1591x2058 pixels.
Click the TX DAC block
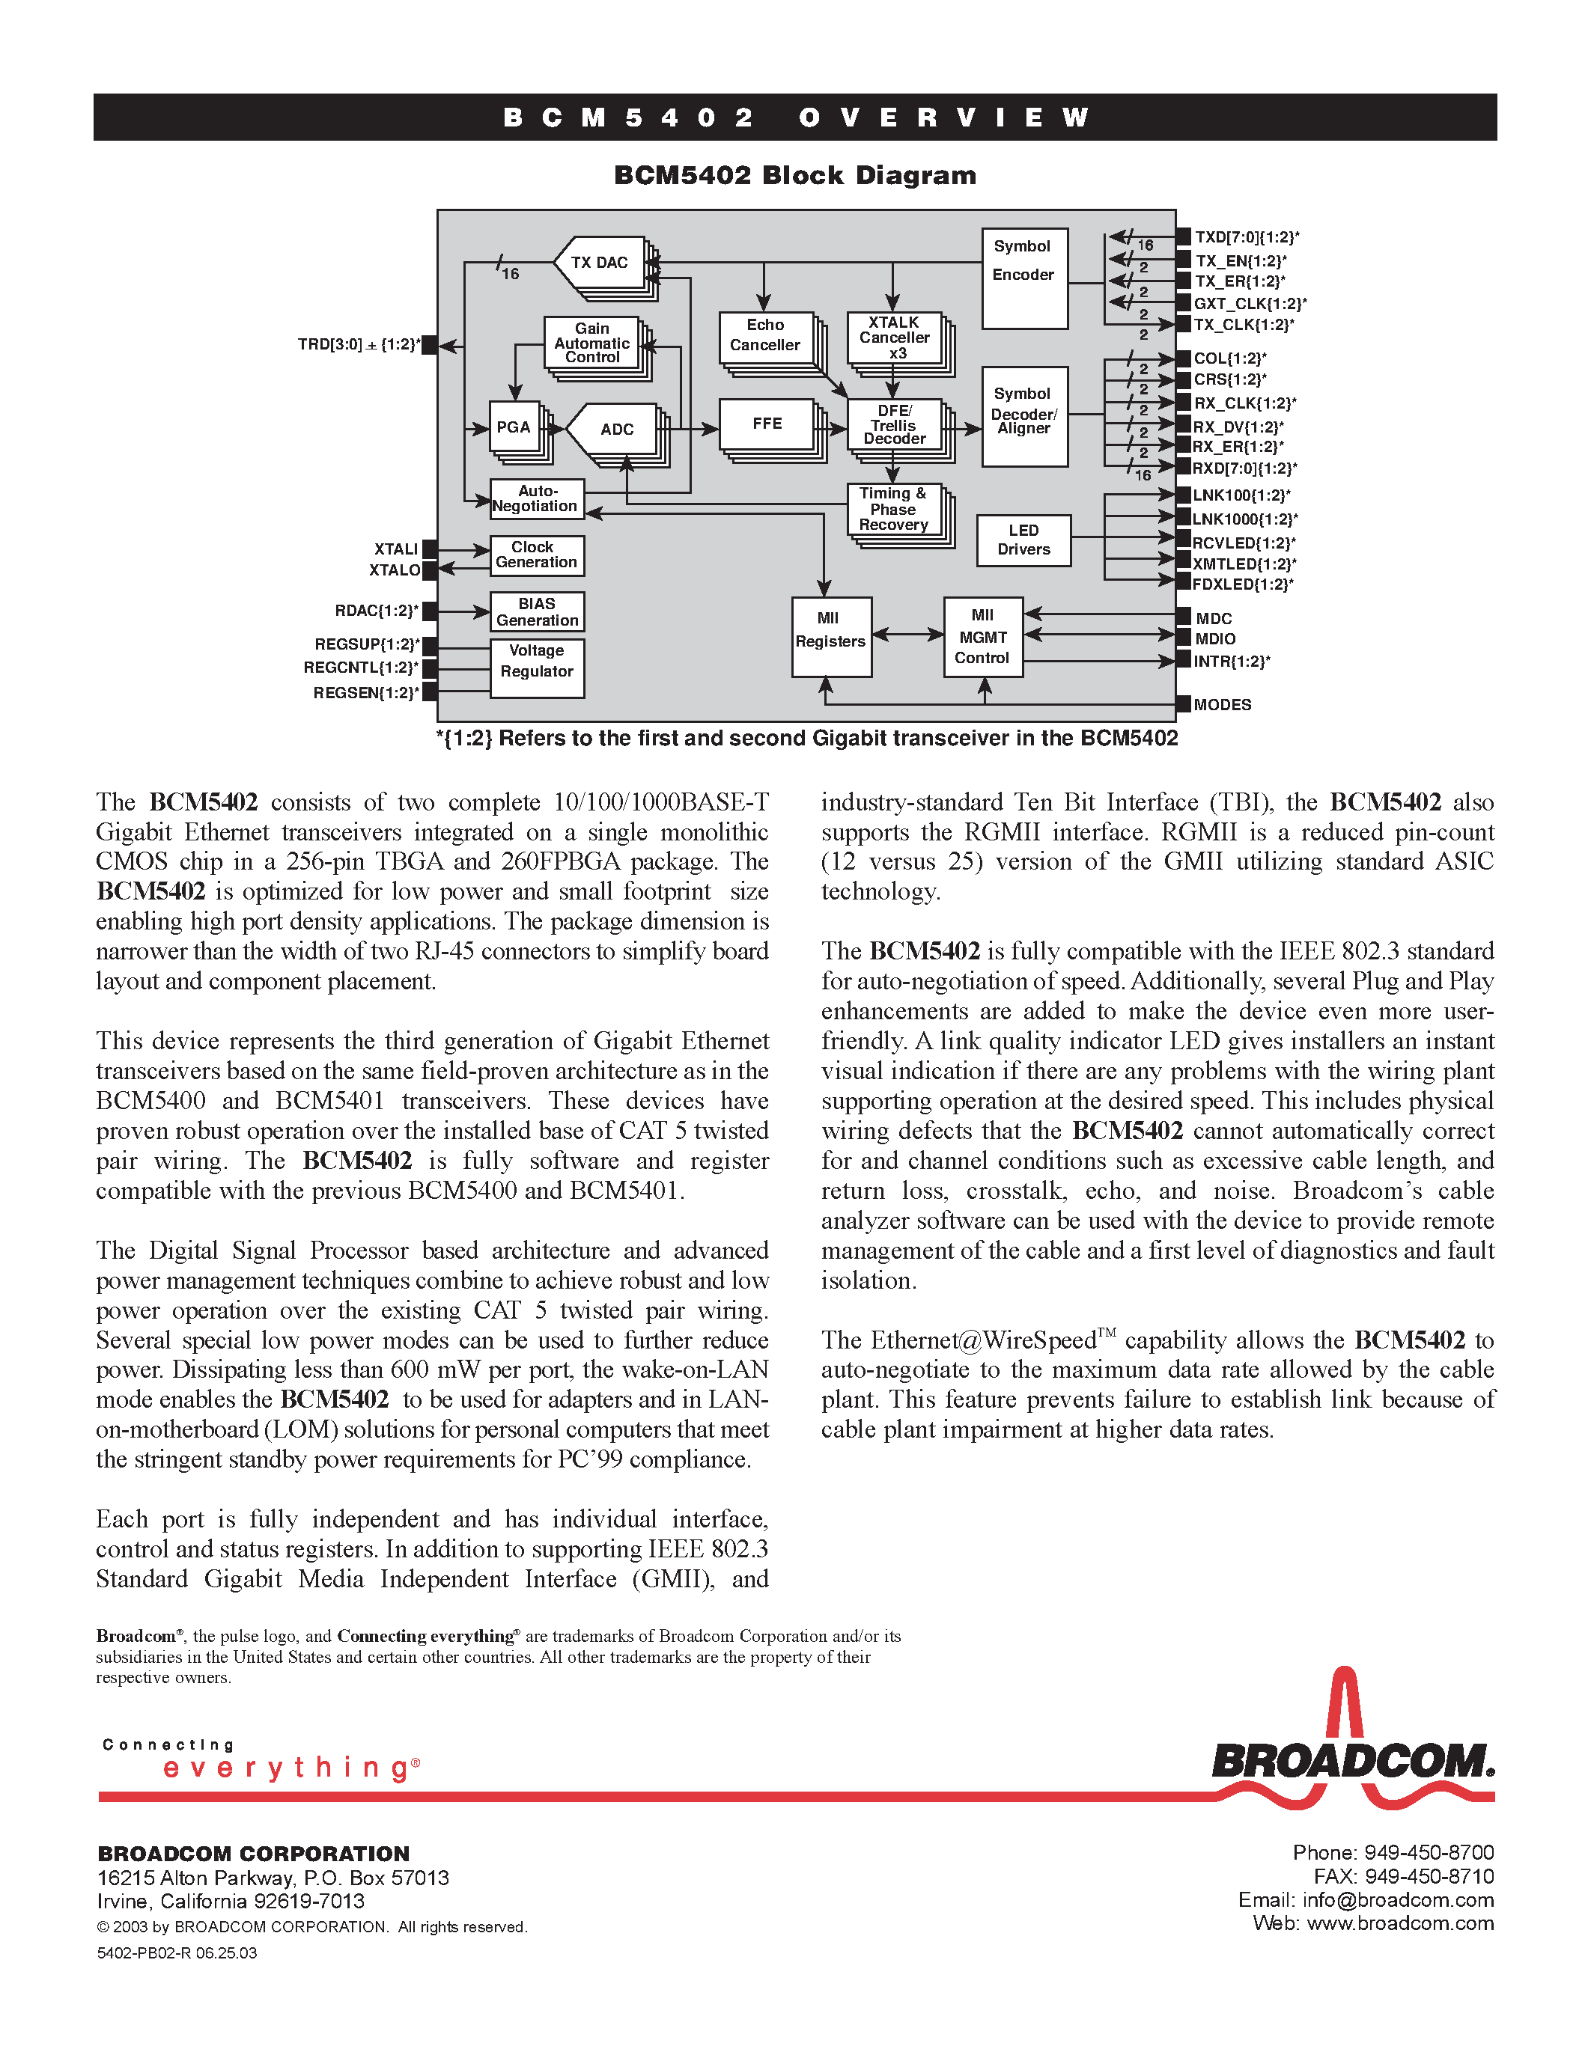(x=600, y=263)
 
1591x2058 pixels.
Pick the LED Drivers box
(x=1023, y=540)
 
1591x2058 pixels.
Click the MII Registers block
(x=830, y=637)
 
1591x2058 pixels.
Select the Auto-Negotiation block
(x=536, y=498)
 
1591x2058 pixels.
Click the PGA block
(x=514, y=428)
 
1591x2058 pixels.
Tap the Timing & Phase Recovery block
(x=892, y=510)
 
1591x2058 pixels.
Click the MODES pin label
(x=1222, y=705)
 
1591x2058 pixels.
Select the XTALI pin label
(x=396, y=549)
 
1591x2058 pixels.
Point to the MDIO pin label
(x=1215, y=639)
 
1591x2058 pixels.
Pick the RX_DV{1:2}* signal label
(x=1238, y=427)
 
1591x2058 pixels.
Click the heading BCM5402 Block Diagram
(x=794, y=176)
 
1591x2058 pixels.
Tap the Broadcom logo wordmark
(x=1353, y=1760)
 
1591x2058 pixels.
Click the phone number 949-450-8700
(x=1429, y=1853)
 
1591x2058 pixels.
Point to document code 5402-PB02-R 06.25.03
(x=177, y=1952)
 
